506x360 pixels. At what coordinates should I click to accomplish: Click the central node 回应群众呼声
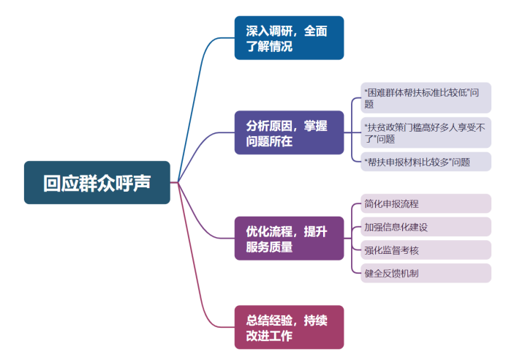(x=97, y=182)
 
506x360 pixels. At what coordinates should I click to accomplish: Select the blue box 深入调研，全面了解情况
(x=289, y=38)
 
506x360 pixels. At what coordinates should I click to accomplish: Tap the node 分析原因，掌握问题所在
(x=289, y=132)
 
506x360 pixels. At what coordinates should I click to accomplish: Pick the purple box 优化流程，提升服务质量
(x=289, y=239)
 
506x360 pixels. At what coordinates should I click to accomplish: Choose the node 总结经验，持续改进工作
(x=289, y=327)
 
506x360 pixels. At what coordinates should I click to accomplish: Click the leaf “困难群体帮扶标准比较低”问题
(x=426, y=98)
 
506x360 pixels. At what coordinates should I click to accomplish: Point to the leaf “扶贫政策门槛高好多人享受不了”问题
(x=426, y=132)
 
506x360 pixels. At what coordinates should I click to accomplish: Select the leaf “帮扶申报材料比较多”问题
(x=426, y=162)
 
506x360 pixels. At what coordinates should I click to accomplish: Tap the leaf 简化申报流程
(x=426, y=203)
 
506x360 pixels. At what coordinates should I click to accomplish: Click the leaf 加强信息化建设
(x=426, y=227)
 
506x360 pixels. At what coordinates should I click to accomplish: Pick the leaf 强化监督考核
(x=426, y=250)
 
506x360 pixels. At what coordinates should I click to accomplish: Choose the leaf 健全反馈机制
(x=426, y=274)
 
